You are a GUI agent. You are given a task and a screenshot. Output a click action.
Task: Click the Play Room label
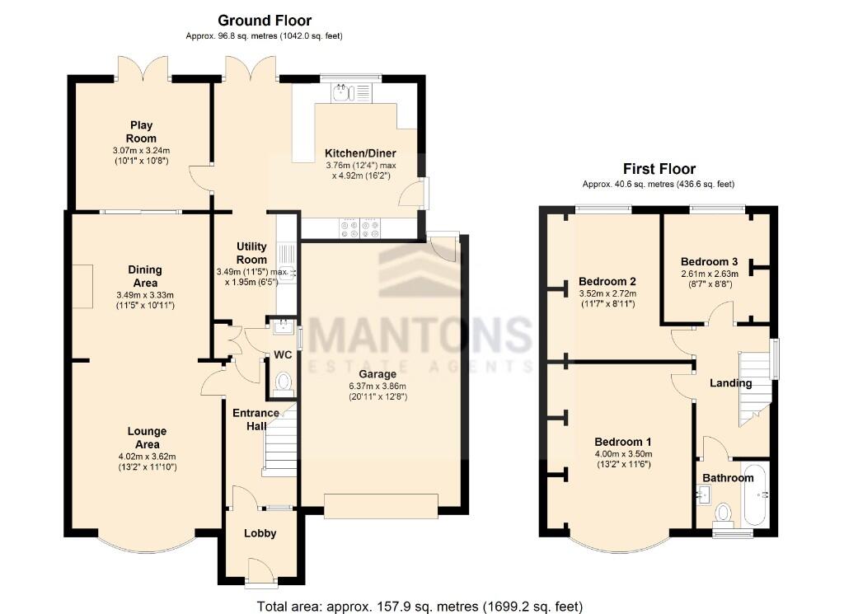pos(141,132)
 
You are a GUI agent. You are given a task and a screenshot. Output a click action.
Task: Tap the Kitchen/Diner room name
pos(360,153)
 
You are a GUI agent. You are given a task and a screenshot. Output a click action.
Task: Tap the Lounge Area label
pos(147,438)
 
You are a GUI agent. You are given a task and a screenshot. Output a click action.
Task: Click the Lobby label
pos(260,533)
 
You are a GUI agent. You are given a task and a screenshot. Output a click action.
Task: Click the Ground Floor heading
pos(265,21)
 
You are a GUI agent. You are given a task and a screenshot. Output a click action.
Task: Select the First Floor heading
pos(659,169)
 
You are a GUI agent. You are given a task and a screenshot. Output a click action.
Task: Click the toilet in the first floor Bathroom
pos(724,513)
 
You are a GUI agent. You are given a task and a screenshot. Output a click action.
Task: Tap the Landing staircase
pos(753,387)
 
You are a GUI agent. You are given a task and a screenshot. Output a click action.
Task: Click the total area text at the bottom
pos(420,607)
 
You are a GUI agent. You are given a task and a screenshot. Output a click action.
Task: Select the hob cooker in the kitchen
pos(358,227)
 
